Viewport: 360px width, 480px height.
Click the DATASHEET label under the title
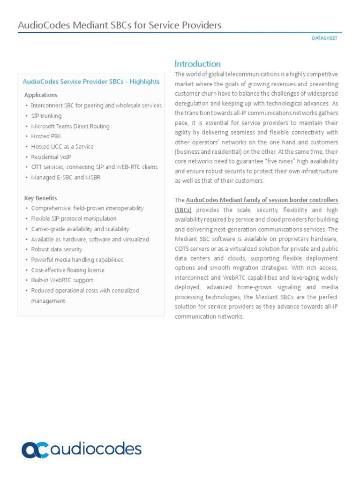(x=324, y=38)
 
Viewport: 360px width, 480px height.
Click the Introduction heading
(x=197, y=64)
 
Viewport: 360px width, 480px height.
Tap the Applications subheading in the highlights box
(x=41, y=95)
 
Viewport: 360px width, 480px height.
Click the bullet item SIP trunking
(x=46, y=116)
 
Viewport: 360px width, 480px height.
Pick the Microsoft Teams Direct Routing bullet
(x=70, y=126)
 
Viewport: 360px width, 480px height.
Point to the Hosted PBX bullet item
(x=46, y=136)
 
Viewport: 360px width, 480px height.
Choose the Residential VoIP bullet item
(x=51, y=157)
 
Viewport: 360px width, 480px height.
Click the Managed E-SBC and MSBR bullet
(x=66, y=178)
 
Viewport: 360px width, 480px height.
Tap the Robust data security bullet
(x=57, y=249)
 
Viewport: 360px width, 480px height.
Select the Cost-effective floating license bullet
(x=68, y=270)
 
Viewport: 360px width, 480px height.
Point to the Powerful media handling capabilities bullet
(x=77, y=260)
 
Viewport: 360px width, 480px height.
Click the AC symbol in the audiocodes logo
(x=35, y=450)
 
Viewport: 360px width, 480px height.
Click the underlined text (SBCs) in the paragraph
(x=183, y=210)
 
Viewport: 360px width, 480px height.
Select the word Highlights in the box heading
(x=145, y=82)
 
